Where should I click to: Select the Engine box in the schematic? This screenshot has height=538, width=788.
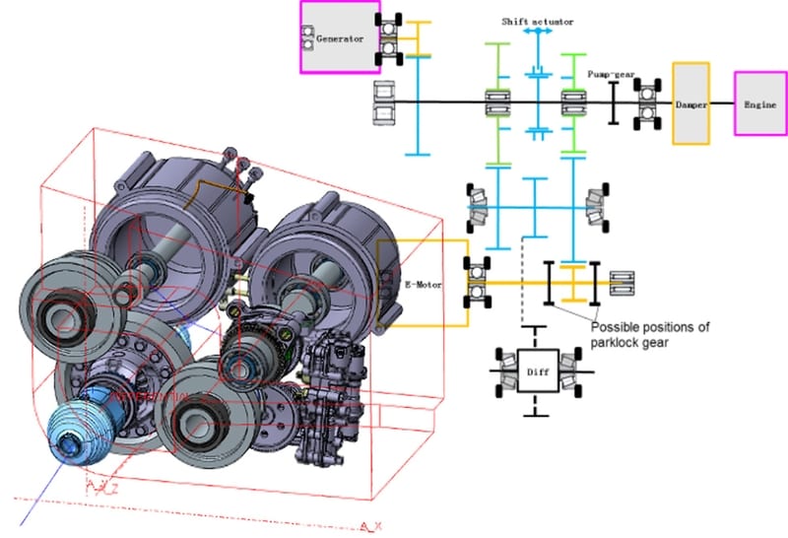pyautogui.click(x=758, y=102)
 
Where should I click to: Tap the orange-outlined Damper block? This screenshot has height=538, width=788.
pyautogui.click(x=690, y=102)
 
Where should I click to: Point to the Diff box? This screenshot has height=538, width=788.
pyautogui.click(x=537, y=372)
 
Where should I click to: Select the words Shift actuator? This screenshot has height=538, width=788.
pyautogui.click(x=537, y=21)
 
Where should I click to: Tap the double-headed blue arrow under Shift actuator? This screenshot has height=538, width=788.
pyautogui.click(x=537, y=33)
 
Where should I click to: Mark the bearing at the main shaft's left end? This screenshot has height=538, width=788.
pyautogui.click(x=386, y=102)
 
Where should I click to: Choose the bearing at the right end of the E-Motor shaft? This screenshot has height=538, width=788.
pyautogui.click(x=623, y=284)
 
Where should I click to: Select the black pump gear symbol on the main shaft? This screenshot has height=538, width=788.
pyautogui.click(x=613, y=102)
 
